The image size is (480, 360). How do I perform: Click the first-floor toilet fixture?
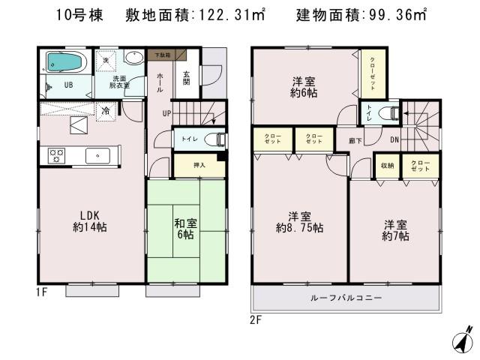(x=213, y=139)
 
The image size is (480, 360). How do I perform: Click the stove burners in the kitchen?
(x=57, y=155)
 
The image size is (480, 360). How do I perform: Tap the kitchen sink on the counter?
(x=98, y=155)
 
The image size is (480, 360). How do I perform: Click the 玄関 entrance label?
(x=187, y=77)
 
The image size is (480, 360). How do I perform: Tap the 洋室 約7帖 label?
(x=396, y=230)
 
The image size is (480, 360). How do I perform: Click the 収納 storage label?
(x=387, y=166)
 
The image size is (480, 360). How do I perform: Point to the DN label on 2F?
(x=394, y=139)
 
